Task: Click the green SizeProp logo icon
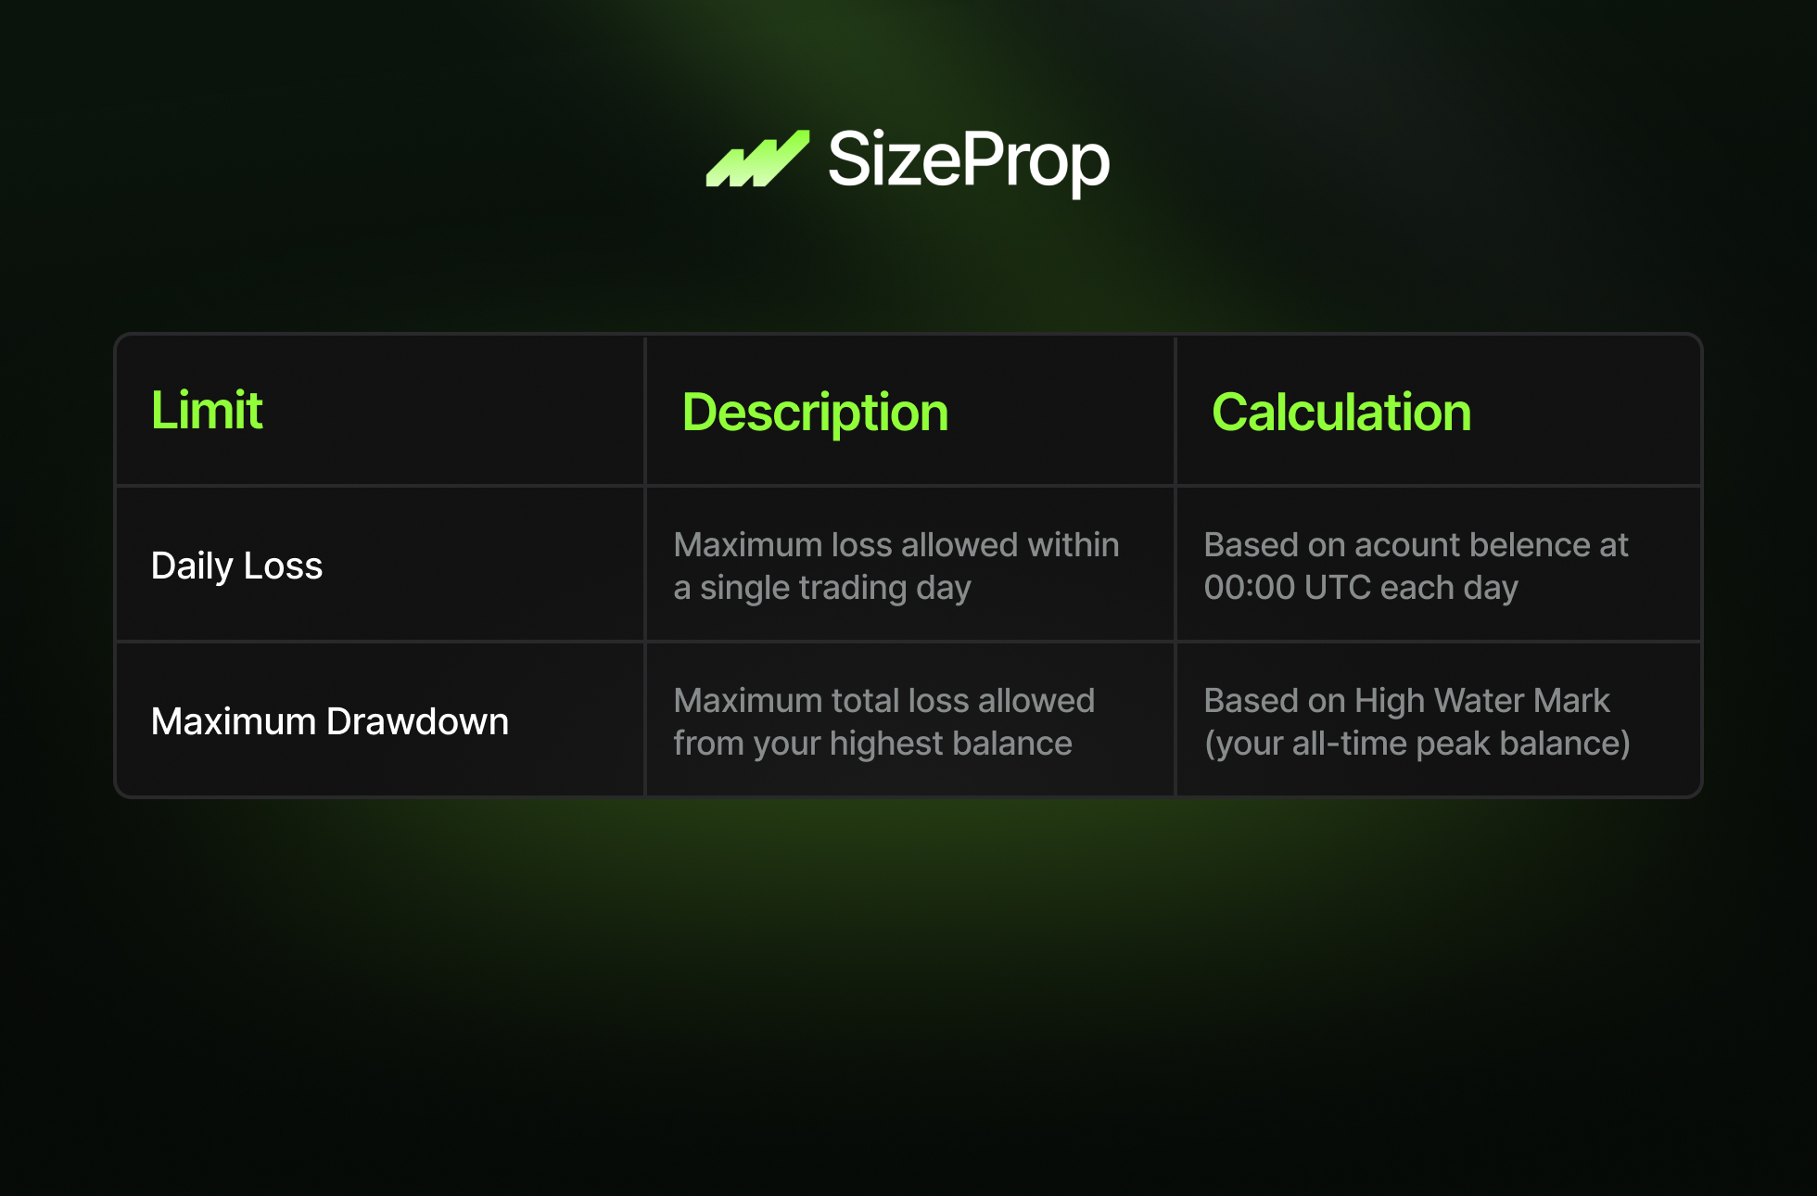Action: (757, 159)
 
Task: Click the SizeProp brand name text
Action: (969, 160)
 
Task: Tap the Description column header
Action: (815, 413)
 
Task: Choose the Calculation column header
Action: (1341, 412)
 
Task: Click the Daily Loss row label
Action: (236, 566)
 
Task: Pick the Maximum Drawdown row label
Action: (330, 721)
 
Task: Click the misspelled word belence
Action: (1530, 545)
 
